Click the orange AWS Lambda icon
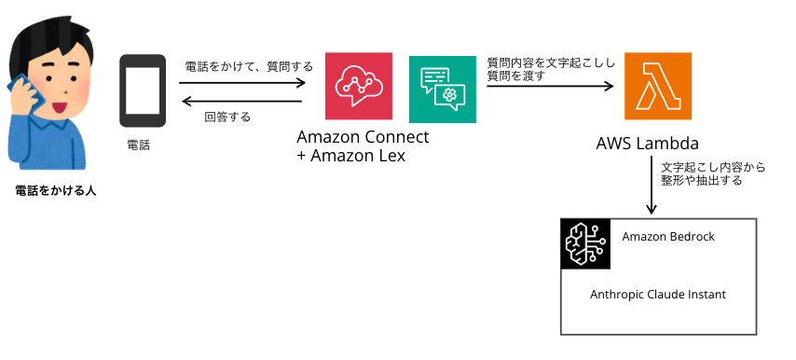(658, 87)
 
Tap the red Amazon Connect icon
(359, 87)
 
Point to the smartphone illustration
(143, 90)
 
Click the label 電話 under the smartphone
(138, 146)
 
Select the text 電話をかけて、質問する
(249, 67)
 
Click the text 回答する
(227, 118)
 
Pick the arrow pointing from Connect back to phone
(242, 101)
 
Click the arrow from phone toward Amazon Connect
(242, 82)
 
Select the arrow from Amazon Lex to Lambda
(550, 87)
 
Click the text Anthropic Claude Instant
(658, 294)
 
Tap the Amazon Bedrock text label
(668, 237)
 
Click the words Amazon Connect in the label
(364, 137)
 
